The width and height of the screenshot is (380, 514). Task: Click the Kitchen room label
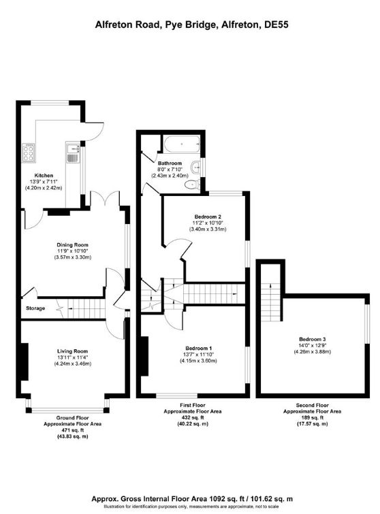[x=44, y=176]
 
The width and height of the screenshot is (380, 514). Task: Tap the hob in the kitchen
[x=28, y=152]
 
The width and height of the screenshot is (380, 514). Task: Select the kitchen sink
[x=73, y=152]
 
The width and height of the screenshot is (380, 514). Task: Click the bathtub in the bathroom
[x=182, y=144]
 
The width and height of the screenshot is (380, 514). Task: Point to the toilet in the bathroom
[x=192, y=185]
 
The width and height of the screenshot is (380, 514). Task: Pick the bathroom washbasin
[x=196, y=167]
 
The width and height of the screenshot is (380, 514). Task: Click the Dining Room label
[x=72, y=245]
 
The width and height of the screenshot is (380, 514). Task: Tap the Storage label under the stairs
[x=35, y=308]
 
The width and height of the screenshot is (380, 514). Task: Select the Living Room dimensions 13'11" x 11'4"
[x=72, y=357]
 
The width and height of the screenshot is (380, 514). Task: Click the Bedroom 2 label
[x=208, y=216]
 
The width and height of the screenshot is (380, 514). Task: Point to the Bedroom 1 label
[x=198, y=348]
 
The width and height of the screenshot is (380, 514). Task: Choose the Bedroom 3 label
[x=312, y=339]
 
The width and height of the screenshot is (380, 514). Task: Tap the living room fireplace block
[x=25, y=362]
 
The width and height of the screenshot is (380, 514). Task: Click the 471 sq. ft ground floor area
[x=72, y=430]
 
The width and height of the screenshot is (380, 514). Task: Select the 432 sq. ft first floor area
[x=193, y=417]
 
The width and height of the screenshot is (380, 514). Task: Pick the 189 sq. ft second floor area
[x=312, y=417]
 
